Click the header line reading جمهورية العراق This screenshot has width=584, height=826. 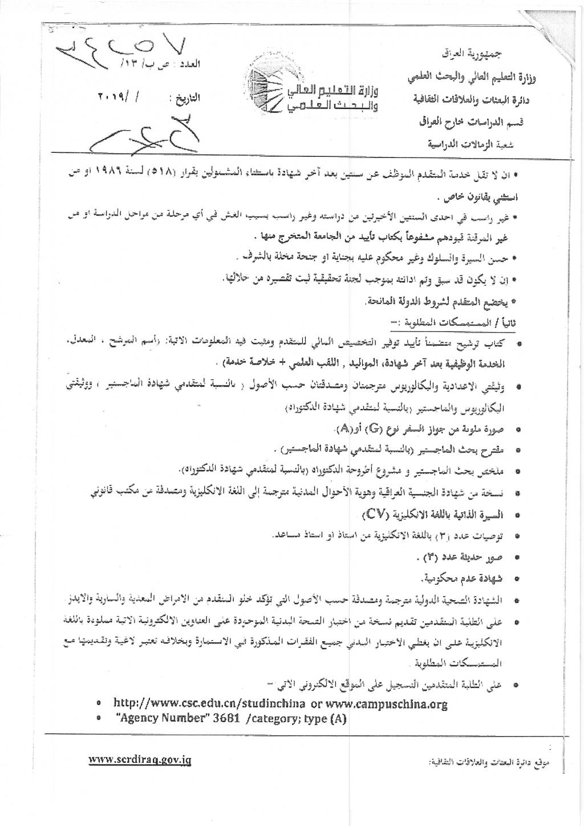click(x=473, y=55)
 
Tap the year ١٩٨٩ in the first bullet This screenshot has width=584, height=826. click(x=500, y=173)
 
